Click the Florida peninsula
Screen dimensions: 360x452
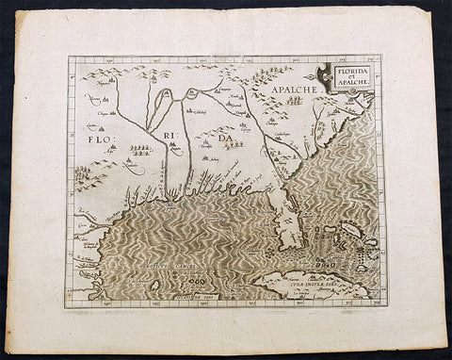point(280,212)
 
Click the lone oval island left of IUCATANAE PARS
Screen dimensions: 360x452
point(154,285)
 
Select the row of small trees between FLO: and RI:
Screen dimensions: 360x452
point(138,149)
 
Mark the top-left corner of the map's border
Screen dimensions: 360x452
point(68,58)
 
